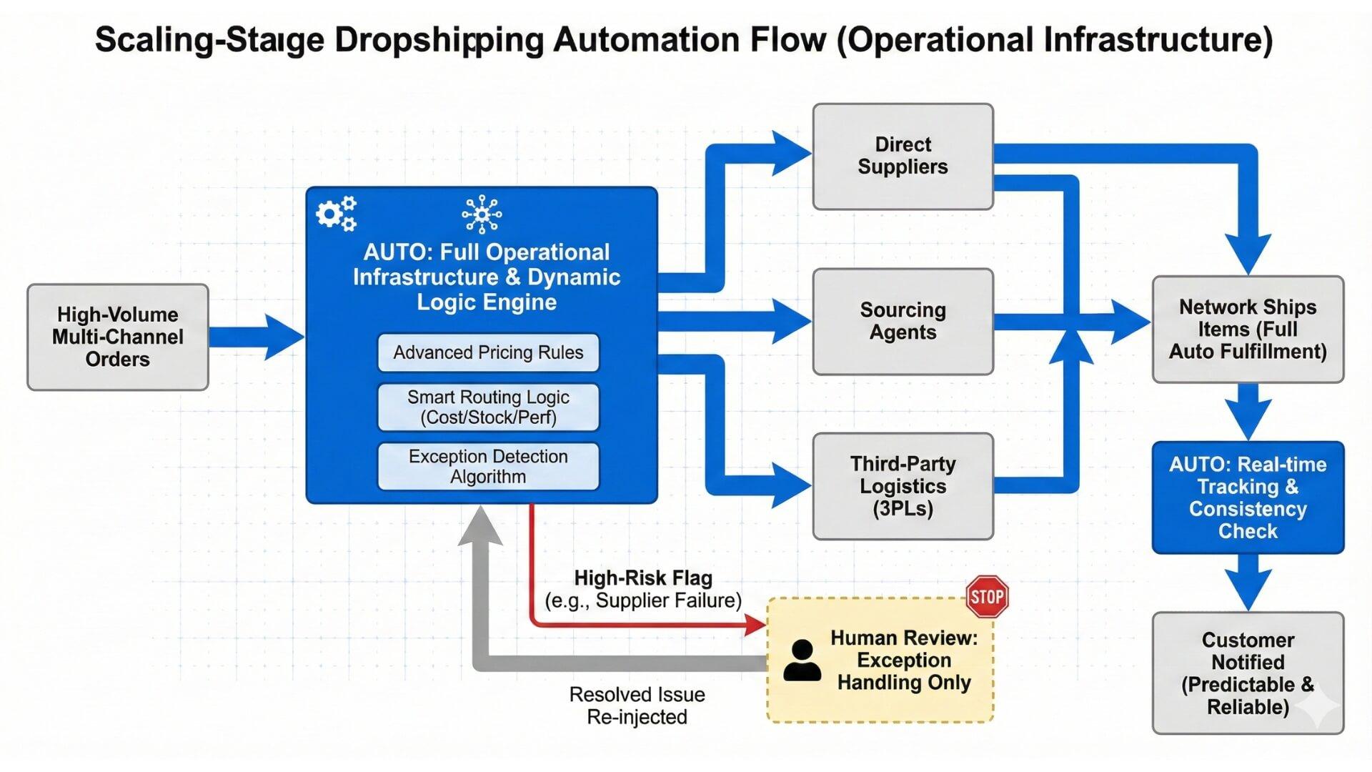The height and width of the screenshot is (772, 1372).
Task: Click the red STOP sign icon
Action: pos(987,597)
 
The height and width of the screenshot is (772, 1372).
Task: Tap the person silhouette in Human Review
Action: pos(802,660)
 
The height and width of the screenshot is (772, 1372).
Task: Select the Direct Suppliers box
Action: pos(903,157)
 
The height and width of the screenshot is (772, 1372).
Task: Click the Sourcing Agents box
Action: pos(903,322)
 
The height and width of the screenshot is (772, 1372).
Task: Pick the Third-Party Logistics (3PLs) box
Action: pos(903,486)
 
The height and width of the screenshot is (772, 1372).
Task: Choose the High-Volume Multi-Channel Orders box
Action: pos(118,337)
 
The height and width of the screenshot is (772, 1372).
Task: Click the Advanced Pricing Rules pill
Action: pos(488,352)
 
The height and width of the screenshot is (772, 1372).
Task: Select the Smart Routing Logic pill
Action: pos(488,407)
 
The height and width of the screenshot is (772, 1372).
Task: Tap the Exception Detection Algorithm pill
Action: pos(488,467)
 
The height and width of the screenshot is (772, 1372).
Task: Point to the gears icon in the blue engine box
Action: pos(336,213)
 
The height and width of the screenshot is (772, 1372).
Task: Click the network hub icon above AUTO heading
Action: pos(482,214)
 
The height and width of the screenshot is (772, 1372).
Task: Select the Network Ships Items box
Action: pos(1248,329)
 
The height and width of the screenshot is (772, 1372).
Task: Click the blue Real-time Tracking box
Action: pos(1248,498)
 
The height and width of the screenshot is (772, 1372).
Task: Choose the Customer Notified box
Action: pos(1248,673)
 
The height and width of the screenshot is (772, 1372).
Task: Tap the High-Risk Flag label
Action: pos(643,578)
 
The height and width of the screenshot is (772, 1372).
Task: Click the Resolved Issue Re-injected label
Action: pos(637,706)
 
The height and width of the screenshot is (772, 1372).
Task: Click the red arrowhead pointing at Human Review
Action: pos(755,625)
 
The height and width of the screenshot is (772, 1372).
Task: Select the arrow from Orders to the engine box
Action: pos(257,337)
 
